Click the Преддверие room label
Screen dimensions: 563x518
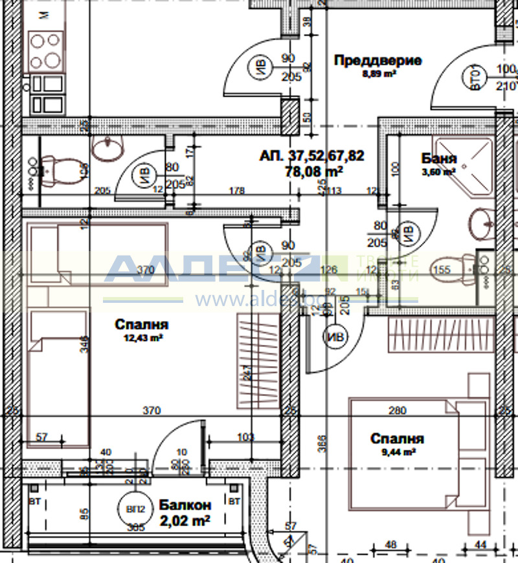pos(377,61)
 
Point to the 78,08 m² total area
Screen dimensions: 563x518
pos(313,171)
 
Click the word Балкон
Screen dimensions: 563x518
pos(185,505)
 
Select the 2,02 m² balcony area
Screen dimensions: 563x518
pos(185,519)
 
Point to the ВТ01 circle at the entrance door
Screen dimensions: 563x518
pos(476,78)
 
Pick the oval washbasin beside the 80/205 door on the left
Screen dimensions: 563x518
pos(107,149)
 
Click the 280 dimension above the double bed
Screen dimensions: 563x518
pos(397,410)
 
